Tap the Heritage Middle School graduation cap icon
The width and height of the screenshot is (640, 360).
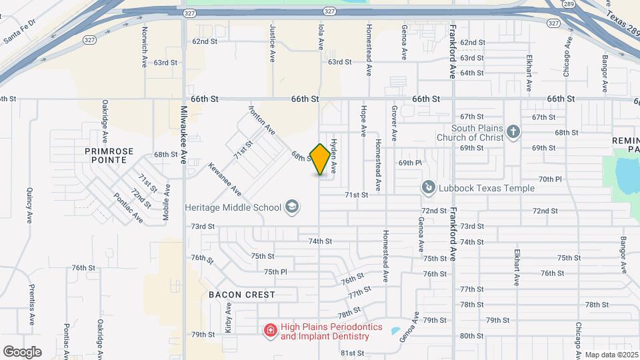click(x=291, y=207)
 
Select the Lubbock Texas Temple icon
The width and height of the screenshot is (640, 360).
click(x=427, y=188)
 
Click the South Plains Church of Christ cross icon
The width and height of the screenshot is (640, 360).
click(x=513, y=132)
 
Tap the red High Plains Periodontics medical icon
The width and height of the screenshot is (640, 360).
click(x=270, y=331)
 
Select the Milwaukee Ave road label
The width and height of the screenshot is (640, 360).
click(x=185, y=134)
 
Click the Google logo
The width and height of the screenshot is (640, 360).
click(x=22, y=351)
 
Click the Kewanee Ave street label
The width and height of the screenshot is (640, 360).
click(x=225, y=178)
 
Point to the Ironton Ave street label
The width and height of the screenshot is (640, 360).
click(x=261, y=118)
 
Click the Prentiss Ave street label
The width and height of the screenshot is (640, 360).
click(x=31, y=305)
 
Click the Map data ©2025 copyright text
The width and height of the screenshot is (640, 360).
click(x=611, y=353)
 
